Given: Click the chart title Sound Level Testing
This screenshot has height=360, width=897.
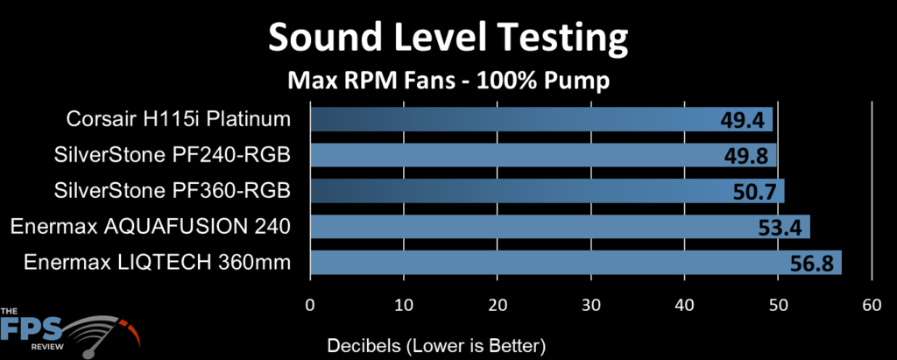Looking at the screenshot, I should [x=448, y=39].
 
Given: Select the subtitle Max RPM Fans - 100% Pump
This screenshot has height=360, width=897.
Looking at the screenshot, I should [x=448, y=81].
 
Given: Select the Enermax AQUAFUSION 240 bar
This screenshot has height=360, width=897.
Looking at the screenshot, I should [x=560, y=228].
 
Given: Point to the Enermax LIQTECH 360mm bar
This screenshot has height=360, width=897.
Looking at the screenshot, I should [x=576, y=263].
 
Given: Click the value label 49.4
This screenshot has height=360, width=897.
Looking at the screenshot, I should [x=744, y=120].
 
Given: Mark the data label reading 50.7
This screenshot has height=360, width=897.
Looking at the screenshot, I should [x=756, y=191].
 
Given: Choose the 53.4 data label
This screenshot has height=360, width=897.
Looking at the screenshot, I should [x=781, y=229].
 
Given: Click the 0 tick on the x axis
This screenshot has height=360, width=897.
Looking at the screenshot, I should [x=310, y=305].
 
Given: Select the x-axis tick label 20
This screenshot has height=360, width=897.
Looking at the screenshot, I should [x=497, y=305].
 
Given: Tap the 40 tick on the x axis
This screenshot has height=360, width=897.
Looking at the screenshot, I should [x=684, y=305].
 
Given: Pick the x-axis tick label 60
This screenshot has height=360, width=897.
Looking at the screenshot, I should [x=871, y=305].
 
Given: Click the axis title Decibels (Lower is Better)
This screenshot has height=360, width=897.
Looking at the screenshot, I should [x=436, y=343].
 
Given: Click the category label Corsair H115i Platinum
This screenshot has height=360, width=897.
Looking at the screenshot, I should [x=177, y=119].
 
